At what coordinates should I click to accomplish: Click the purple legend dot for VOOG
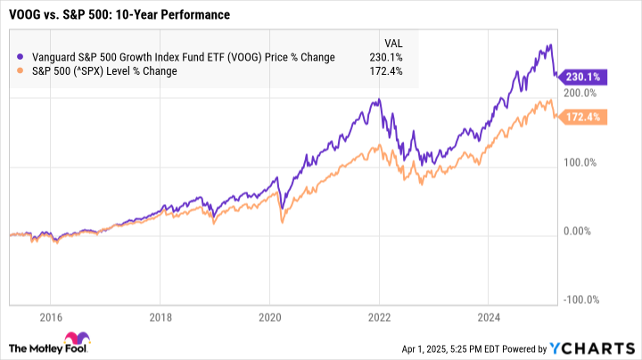pyautogui.click(x=21, y=57)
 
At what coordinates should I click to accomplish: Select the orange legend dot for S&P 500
pyautogui.click(x=21, y=71)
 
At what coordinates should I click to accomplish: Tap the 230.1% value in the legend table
pyautogui.click(x=390, y=57)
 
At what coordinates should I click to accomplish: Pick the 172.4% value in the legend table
pyautogui.click(x=390, y=71)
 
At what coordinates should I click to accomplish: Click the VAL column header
pyautogui.click(x=392, y=42)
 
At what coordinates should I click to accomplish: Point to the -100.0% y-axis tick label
pyautogui.click(x=580, y=301)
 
